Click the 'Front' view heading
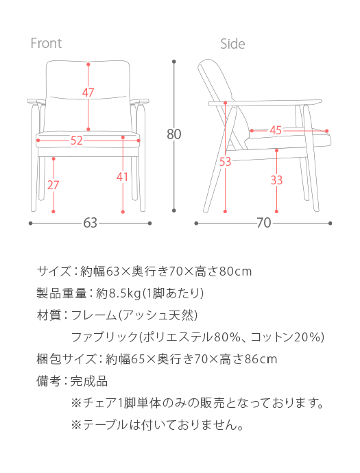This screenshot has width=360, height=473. click(x=46, y=43)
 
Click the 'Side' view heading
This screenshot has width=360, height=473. click(x=232, y=44)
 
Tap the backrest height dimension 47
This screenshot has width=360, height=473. click(x=88, y=93)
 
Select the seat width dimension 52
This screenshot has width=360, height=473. click(x=76, y=141)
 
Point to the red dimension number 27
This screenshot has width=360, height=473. click(x=53, y=184)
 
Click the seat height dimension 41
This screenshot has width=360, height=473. click(x=122, y=176)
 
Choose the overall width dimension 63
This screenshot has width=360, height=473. click(x=91, y=223)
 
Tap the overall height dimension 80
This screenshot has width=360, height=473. click(x=174, y=134)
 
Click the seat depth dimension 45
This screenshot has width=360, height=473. click(x=276, y=130)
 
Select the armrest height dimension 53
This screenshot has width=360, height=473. click(x=225, y=162)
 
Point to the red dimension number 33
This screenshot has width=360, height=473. click(x=276, y=180)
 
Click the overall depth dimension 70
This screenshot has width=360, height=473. click(x=264, y=223)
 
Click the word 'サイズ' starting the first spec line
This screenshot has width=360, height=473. click(x=54, y=271)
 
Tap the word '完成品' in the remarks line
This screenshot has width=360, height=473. click(x=89, y=381)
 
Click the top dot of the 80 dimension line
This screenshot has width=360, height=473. click(x=174, y=62)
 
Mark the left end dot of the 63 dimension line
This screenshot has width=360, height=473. click(x=30, y=223)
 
